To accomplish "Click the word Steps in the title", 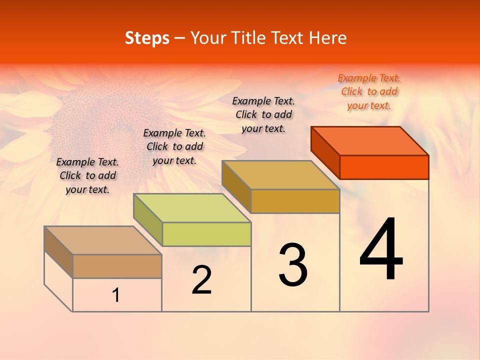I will [147, 38].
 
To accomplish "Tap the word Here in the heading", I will [327, 38].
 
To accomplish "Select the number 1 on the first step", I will [116, 295].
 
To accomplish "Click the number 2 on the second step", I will [201, 280].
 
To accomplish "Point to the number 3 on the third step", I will [293, 265].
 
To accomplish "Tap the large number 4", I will [381, 250].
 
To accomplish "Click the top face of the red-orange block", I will [370, 140].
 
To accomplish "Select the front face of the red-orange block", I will [384, 167].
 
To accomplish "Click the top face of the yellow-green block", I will [192, 207].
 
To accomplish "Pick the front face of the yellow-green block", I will [206, 234].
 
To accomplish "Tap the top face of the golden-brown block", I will [281, 174].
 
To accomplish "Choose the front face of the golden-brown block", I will [295, 201].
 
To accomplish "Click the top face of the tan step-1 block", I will [103, 240].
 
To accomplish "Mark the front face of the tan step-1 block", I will [117, 266].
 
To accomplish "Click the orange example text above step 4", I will [369, 91].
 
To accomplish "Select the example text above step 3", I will [263, 114].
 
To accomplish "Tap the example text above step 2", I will [174, 146].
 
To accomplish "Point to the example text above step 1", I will [87, 175].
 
